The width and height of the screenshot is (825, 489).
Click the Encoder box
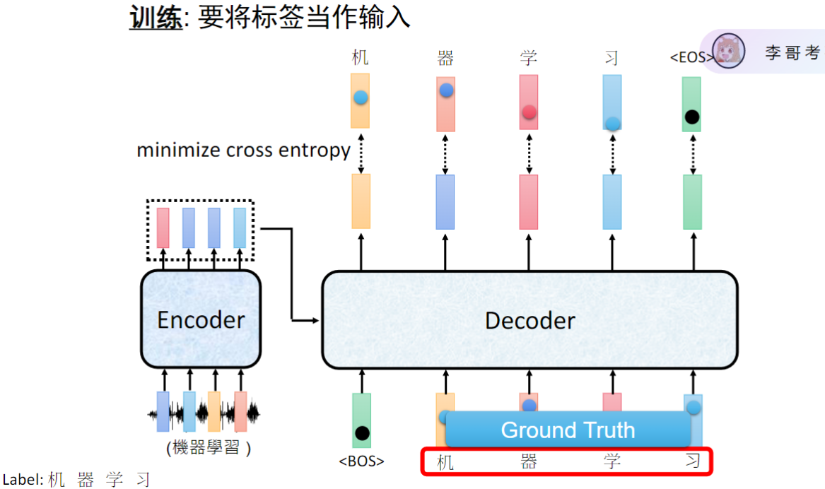point(201,319)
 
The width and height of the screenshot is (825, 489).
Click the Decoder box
point(529,320)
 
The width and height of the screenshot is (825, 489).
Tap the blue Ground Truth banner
point(568,430)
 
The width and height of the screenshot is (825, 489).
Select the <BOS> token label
point(361,461)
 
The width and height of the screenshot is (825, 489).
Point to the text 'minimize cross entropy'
point(243,150)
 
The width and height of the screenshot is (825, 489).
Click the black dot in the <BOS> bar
point(362,432)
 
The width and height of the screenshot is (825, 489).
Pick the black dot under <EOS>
point(692,117)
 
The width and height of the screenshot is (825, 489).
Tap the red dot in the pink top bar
point(529,112)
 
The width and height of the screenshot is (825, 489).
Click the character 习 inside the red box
point(693,462)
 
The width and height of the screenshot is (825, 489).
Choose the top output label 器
point(445,58)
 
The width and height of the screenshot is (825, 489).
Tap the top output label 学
point(529,58)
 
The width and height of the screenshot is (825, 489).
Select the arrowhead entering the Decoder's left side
point(315,321)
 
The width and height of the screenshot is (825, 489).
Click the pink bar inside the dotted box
point(163,227)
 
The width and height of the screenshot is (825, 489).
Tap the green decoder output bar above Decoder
point(692,202)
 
